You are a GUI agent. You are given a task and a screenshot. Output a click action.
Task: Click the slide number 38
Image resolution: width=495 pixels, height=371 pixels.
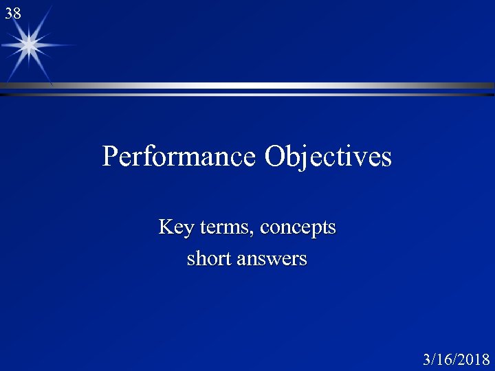pos(13,12)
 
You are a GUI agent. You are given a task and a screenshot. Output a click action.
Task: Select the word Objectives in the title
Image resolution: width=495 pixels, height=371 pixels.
pos(328,157)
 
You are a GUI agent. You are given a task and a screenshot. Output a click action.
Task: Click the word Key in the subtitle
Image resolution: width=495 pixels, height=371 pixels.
pos(173,227)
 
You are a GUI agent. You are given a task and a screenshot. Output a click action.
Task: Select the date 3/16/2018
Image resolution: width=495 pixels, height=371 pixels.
pos(456,359)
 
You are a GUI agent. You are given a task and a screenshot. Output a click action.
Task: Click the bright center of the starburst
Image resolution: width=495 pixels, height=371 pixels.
pos(29,45)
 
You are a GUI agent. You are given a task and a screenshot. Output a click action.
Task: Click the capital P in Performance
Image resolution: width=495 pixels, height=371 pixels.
pos(110,157)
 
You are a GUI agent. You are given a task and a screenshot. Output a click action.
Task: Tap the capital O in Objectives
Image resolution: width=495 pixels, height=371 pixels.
pos(275,157)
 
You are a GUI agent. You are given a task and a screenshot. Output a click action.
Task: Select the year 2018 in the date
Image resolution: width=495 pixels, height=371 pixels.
pos(474,359)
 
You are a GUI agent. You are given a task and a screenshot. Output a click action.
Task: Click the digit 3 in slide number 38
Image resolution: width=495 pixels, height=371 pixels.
pos(9,12)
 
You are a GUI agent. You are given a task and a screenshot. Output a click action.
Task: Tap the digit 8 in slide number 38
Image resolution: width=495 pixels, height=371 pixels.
pos(17,12)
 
